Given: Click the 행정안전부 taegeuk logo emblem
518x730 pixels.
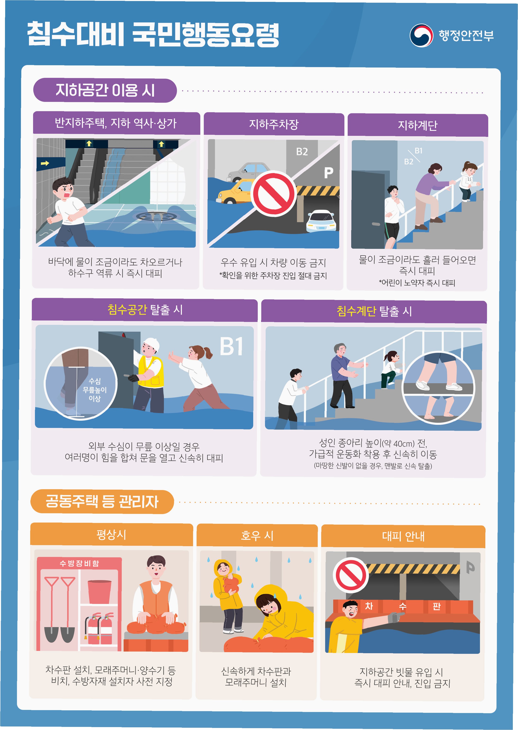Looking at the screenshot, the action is point(421,35).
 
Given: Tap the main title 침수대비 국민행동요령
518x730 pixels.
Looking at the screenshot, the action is point(153,34).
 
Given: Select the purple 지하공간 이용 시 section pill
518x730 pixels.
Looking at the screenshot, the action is point(105,90).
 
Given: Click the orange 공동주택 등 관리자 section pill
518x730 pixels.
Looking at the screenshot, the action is point(102,501).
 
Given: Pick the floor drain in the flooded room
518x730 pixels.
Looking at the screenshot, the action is point(156,216).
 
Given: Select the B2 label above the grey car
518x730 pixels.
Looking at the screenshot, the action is point(302,151).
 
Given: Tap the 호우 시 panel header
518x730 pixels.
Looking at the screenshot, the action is point(257,535).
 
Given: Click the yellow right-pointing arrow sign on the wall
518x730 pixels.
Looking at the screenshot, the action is point(45,163).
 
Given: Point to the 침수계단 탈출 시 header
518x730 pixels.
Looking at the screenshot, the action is point(374,311).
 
